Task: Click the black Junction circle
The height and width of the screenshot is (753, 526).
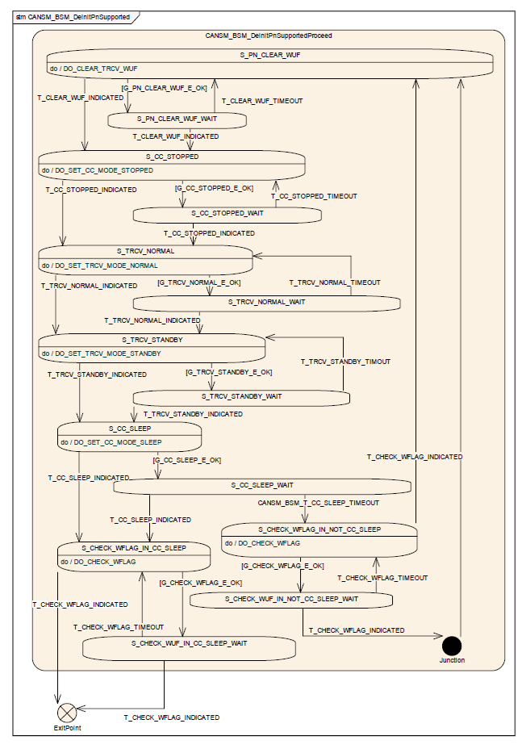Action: pos(452,646)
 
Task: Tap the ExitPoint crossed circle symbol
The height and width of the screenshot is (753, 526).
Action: pos(67,713)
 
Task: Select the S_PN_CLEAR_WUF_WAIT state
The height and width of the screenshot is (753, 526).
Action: pos(177,120)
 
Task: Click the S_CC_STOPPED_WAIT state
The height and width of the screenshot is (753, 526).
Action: pos(227,215)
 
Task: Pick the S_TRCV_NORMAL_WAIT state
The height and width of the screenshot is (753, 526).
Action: pos(266,303)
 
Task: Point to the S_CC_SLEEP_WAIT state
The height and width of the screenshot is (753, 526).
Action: pos(262,487)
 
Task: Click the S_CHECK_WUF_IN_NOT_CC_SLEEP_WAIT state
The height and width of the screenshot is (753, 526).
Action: pos(291,600)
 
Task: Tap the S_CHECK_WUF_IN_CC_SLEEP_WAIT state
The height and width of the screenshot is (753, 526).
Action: pos(189,648)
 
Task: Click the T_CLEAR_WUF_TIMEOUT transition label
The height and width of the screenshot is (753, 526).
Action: pos(262,101)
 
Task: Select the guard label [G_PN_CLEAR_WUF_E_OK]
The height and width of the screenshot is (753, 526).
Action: pos(164,88)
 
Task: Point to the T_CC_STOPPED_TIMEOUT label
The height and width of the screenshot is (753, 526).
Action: pos(314,196)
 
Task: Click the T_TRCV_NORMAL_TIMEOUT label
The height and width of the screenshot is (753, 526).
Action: pos(335,282)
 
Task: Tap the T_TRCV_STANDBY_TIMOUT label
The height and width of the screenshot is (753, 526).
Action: pos(345,361)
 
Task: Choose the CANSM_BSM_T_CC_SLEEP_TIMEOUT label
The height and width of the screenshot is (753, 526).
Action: pos(318,503)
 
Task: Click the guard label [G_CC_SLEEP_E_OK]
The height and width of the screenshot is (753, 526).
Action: pos(186,460)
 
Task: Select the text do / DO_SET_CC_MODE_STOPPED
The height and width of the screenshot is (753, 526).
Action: pos(98,170)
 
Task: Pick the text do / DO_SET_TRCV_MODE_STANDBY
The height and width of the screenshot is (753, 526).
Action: pos(102,353)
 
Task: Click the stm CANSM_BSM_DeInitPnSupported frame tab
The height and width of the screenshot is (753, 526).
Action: pos(73,17)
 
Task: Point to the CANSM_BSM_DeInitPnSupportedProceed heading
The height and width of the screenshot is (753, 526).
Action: pos(269,36)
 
